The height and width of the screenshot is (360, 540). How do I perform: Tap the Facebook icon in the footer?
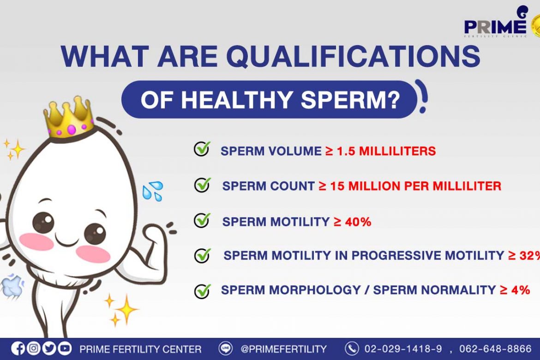click(18, 348)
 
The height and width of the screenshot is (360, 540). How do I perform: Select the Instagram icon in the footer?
click(33, 348)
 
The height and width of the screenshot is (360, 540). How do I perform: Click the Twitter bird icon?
click(49, 348)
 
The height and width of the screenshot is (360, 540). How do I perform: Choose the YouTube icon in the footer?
click(65, 348)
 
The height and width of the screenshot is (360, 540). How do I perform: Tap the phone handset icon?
click(352, 348)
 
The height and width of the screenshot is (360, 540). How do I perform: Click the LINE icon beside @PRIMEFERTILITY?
click(226, 348)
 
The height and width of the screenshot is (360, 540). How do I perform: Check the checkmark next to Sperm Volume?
click(202, 149)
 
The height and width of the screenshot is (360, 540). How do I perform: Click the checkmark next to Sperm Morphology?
click(203, 290)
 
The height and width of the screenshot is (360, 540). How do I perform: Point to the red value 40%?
click(358, 222)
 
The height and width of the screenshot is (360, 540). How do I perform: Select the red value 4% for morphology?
click(520, 290)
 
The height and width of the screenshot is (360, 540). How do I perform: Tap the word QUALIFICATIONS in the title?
click(353, 56)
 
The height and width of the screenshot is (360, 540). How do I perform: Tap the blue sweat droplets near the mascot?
click(153, 191)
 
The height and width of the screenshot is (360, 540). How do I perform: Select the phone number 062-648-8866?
click(495, 349)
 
